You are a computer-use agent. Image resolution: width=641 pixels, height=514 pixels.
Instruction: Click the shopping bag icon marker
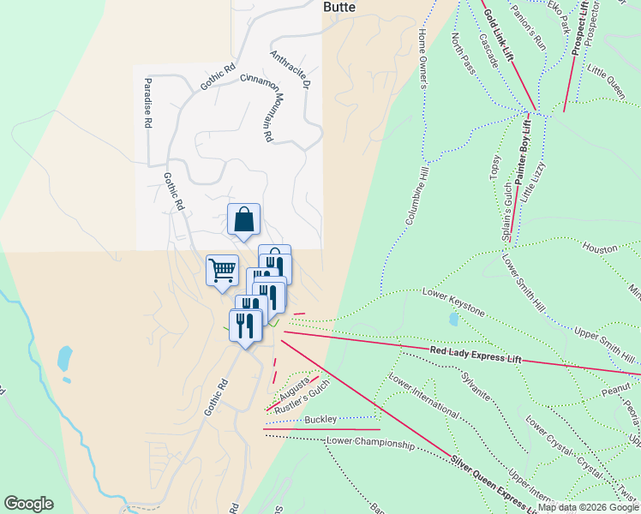click(244, 219)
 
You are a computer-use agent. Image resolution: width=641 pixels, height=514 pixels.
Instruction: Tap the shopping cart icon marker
click(222, 271)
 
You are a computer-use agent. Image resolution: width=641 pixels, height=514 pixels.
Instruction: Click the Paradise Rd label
click(147, 103)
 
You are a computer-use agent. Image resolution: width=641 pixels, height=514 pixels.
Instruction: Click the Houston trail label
click(600, 248)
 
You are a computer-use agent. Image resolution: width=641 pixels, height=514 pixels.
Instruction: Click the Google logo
click(28, 504)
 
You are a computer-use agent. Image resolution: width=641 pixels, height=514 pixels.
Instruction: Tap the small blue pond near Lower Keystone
click(452, 320)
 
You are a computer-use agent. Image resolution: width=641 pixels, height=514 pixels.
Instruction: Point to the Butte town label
click(338, 6)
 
